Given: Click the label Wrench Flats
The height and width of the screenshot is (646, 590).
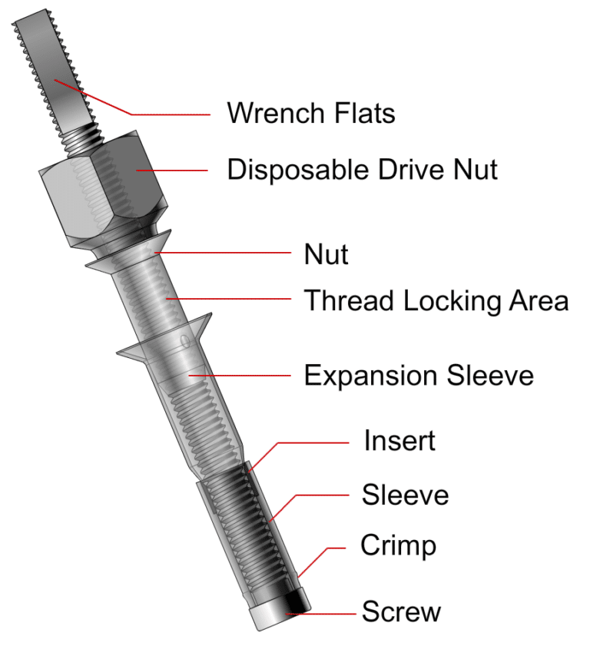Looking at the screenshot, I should [x=310, y=114].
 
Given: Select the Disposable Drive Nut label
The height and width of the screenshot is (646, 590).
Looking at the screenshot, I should [x=362, y=169].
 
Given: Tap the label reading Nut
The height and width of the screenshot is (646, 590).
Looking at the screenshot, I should [x=326, y=254].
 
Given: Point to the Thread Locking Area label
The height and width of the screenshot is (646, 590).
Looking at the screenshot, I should [x=436, y=300].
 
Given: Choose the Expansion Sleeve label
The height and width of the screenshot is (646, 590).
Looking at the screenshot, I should [x=418, y=376].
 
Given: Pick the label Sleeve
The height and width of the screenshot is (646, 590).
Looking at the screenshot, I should [x=405, y=495].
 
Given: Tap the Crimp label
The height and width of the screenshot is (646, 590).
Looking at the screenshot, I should [x=398, y=546].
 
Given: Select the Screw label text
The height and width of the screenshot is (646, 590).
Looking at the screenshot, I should [x=401, y=612].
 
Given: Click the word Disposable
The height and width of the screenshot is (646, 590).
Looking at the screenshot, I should [x=285, y=169].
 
